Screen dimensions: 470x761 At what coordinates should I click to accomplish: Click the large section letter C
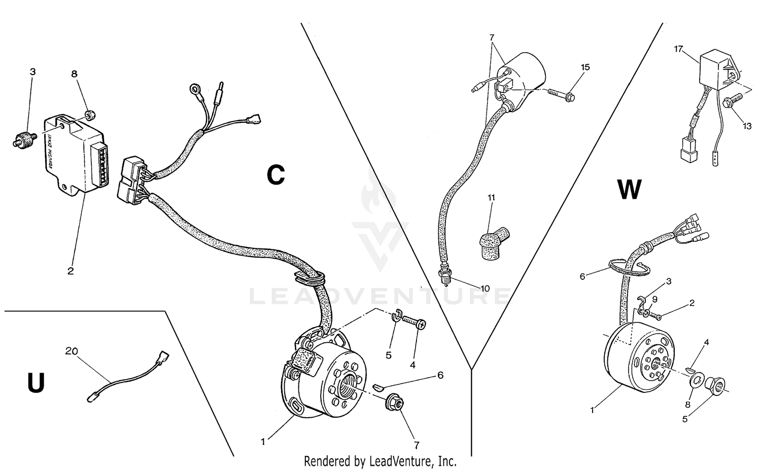click(x=276, y=175)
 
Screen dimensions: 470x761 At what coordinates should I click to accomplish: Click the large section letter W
click(x=629, y=190)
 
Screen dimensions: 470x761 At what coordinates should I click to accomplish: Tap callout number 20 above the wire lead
click(x=72, y=350)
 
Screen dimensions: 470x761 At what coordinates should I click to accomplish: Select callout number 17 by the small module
click(x=679, y=49)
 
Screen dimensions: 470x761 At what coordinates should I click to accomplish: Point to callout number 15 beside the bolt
click(x=585, y=67)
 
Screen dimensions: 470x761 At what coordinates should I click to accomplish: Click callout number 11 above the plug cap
click(x=491, y=197)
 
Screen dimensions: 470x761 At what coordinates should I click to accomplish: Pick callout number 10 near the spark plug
click(x=485, y=288)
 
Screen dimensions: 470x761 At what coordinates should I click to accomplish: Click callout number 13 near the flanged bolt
click(x=747, y=126)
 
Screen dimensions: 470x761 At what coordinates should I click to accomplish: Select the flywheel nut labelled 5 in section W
click(x=716, y=385)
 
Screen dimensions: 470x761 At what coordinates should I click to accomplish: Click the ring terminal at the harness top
click(x=194, y=90)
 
